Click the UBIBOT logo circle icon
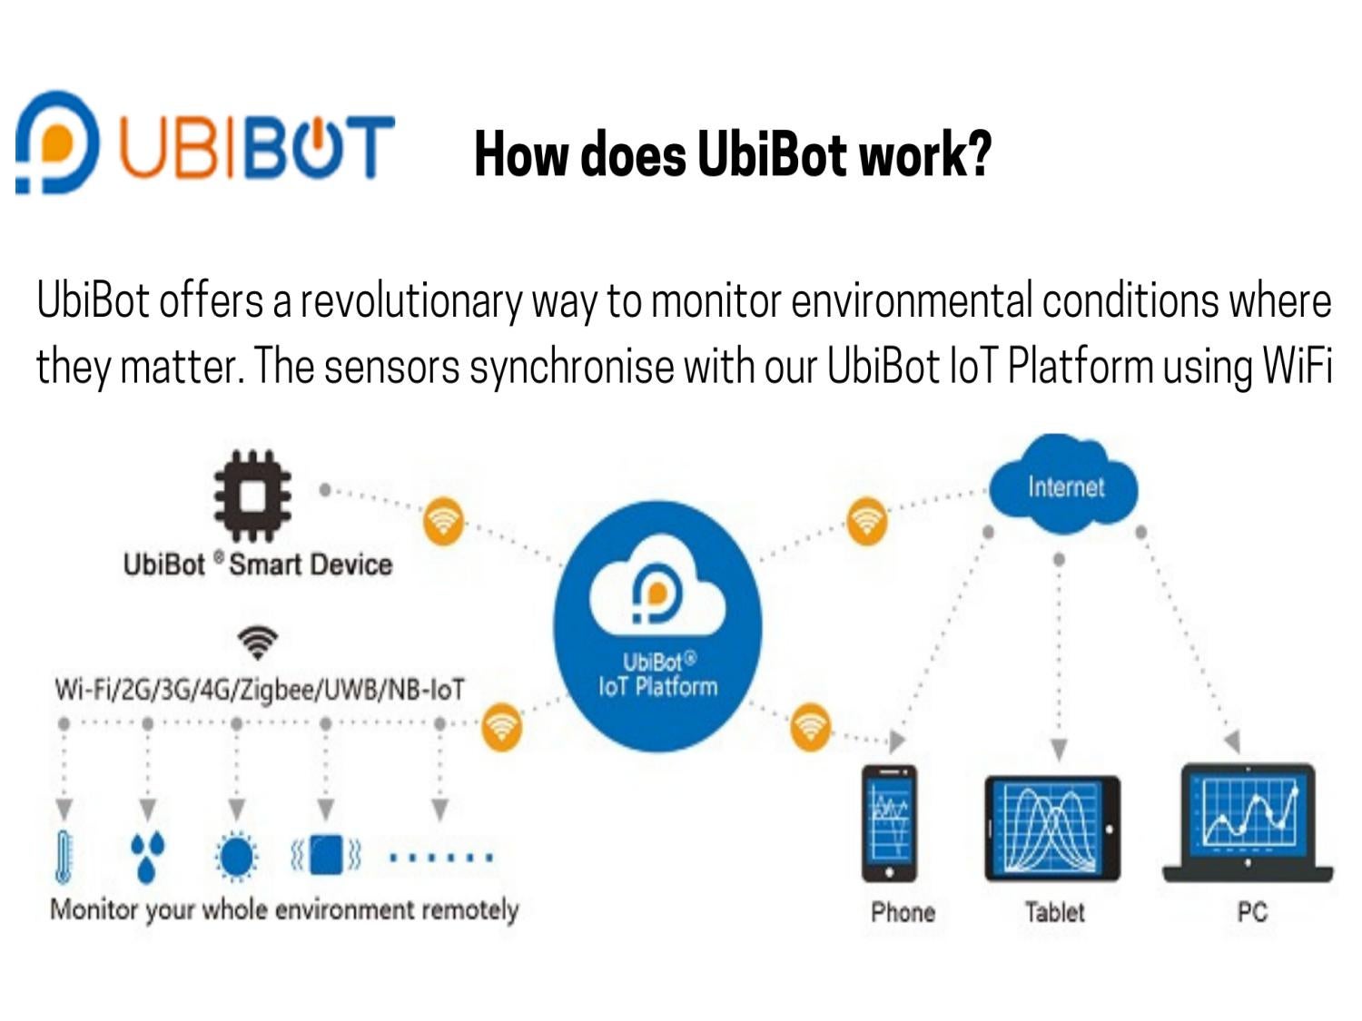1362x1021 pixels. (56, 142)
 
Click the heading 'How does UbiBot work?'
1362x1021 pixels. (733, 153)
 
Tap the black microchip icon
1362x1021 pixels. (252, 496)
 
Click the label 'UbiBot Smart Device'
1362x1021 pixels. (258, 564)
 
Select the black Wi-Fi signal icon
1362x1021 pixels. (258, 642)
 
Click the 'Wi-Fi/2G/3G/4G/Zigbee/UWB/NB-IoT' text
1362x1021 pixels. (259, 690)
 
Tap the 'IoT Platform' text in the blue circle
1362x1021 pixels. (657, 686)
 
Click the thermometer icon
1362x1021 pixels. (63, 856)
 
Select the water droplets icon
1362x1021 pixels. (147, 856)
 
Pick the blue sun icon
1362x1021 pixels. (236, 856)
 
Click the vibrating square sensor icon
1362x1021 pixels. (325, 855)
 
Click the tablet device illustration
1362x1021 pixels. (1052, 828)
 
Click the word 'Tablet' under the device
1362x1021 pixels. (1054, 911)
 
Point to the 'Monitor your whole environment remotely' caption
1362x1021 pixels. (284, 909)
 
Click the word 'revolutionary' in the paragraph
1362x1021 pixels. (411, 301)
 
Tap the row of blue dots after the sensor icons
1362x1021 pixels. (440, 856)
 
